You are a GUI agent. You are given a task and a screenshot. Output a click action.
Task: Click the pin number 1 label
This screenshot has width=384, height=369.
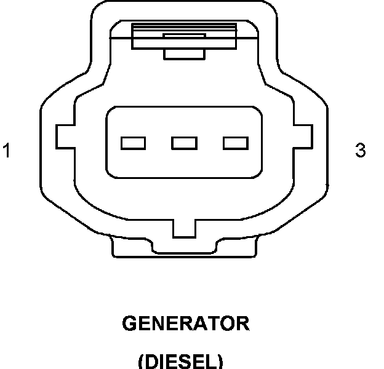7,150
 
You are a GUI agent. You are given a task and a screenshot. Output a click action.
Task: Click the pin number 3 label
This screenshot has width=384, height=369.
361,150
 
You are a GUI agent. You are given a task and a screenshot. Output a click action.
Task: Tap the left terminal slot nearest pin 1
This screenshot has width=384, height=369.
133,143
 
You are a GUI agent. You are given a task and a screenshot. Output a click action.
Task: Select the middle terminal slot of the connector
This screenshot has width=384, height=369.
184,143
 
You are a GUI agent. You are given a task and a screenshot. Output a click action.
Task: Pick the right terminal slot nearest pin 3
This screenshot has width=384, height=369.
235,143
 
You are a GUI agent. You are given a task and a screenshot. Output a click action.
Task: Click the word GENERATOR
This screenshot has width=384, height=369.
185,323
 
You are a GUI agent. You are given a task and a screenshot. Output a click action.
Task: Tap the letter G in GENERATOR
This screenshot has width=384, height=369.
130,323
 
